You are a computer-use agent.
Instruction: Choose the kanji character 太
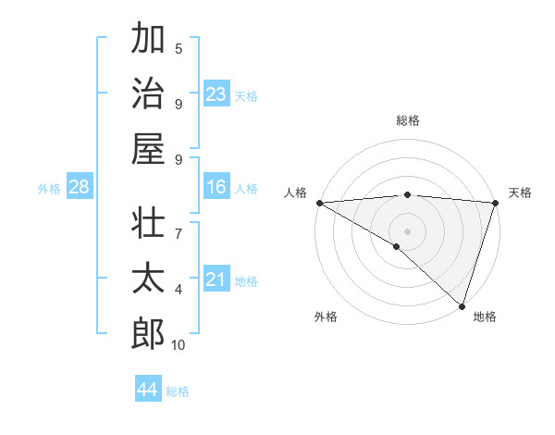pos(148,278)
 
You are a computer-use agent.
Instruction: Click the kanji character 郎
pos(148,333)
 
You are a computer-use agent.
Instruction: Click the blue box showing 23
pos(216,93)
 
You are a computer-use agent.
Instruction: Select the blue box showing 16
pos(216,187)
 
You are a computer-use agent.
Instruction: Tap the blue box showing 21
pos(216,279)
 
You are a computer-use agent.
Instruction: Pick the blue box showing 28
pos(79,187)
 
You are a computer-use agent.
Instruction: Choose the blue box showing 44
pos(147,390)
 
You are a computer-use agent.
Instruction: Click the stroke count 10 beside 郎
pos(179,345)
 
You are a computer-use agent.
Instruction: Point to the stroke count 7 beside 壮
pos(179,225)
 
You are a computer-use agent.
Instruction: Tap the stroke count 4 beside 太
pos(179,290)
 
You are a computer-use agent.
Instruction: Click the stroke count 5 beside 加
pos(179,49)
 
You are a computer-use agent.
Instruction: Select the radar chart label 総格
pos(407,120)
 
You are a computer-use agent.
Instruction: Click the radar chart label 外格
pos(326,317)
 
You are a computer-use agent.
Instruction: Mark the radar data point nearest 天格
pos(495,203)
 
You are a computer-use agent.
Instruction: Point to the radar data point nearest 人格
pos(319,203)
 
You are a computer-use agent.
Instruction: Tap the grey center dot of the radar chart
pos(407,230)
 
